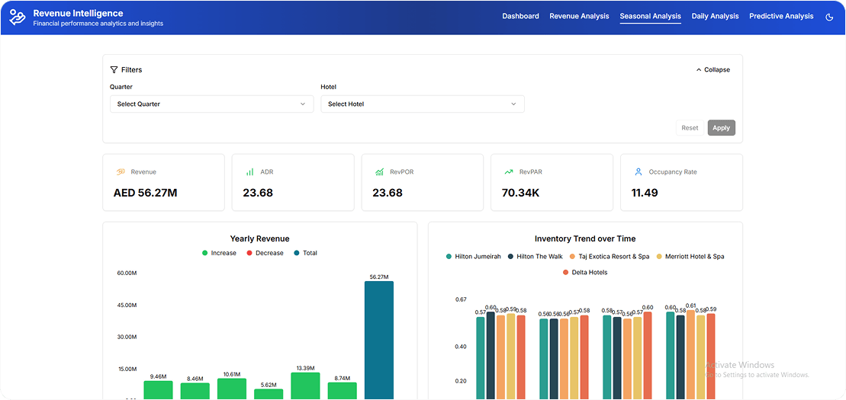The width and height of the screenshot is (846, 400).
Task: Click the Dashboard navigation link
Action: click(x=520, y=16)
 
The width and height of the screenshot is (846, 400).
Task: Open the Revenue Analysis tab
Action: click(x=579, y=16)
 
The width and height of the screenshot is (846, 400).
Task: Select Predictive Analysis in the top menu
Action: click(x=780, y=16)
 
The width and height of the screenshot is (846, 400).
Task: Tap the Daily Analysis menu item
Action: click(x=715, y=16)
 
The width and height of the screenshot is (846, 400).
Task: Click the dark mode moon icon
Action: click(x=829, y=17)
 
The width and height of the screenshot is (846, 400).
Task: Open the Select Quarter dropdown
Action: click(x=211, y=104)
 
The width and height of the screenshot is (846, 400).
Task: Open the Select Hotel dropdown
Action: click(x=422, y=104)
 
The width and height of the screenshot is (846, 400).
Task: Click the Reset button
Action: click(x=690, y=128)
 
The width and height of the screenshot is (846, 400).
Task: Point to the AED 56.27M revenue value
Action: click(x=145, y=193)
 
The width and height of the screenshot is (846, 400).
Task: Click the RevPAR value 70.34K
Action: click(x=521, y=193)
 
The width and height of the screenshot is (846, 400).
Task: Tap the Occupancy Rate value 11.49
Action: click(x=644, y=193)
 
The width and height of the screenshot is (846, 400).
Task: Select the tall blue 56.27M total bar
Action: click(x=378, y=339)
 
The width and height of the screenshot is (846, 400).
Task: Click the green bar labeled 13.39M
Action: click(x=305, y=386)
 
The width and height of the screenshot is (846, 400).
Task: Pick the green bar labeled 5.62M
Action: click(x=269, y=393)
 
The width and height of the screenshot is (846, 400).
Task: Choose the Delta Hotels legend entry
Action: click(x=585, y=272)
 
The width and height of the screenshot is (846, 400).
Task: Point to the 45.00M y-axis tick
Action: click(x=127, y=305)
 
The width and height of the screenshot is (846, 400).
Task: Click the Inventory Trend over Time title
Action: click(x=585, y=238)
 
